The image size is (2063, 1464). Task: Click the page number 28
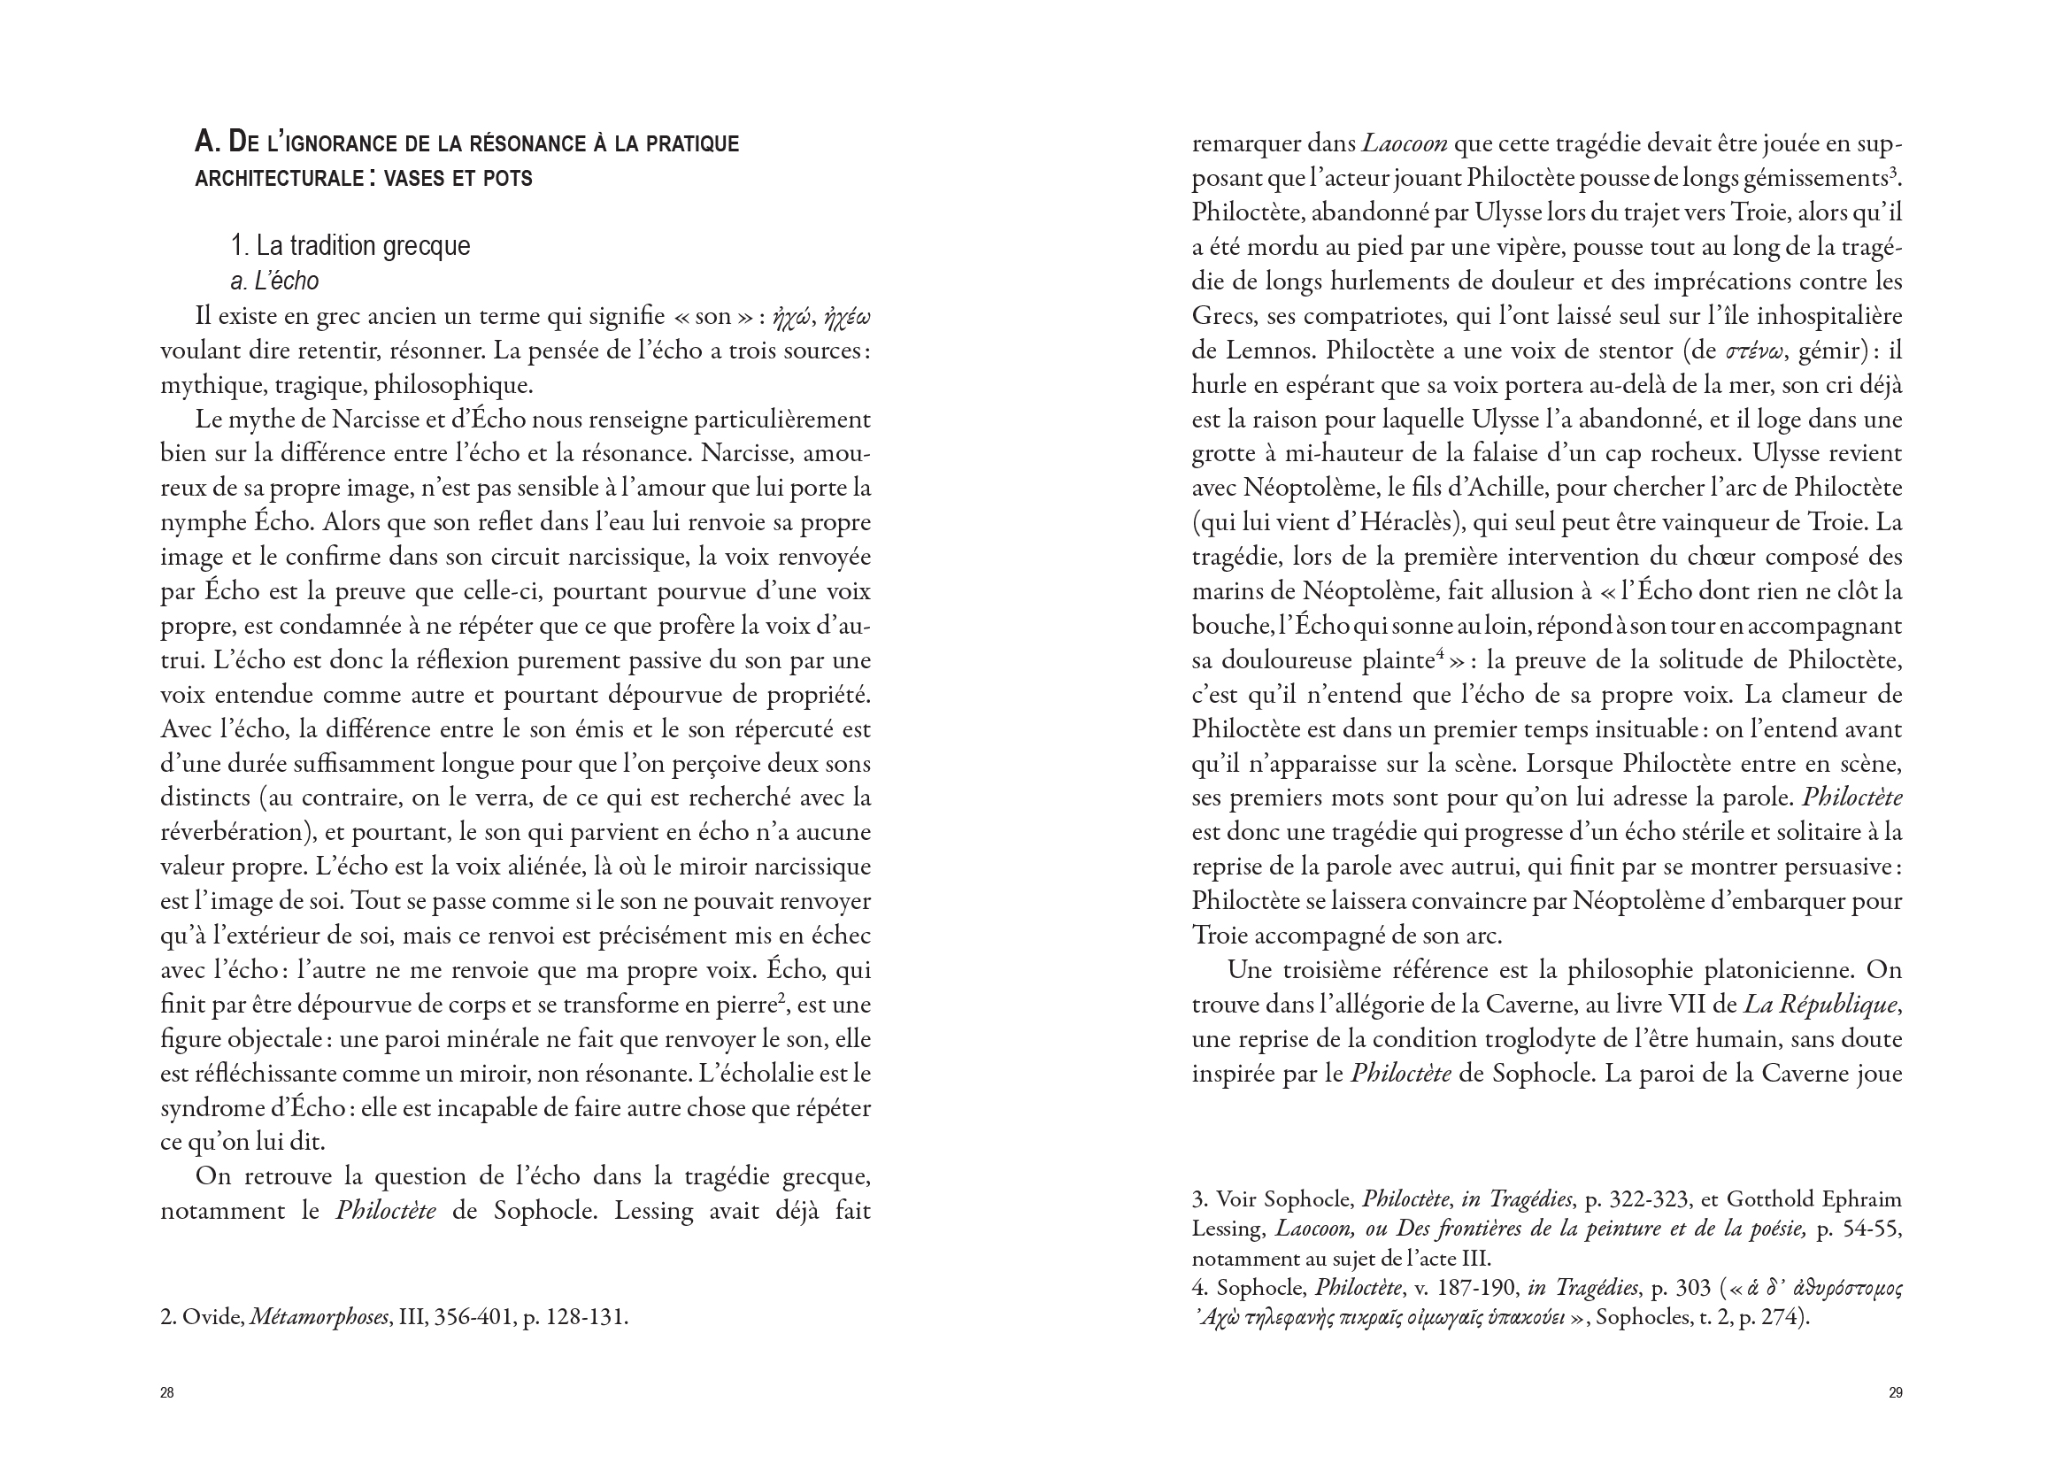[166, 1393]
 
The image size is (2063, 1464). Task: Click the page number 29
[1895, 1393]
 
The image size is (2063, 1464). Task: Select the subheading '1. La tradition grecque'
[350, 246]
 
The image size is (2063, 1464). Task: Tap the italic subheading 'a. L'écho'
[274, 281]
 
